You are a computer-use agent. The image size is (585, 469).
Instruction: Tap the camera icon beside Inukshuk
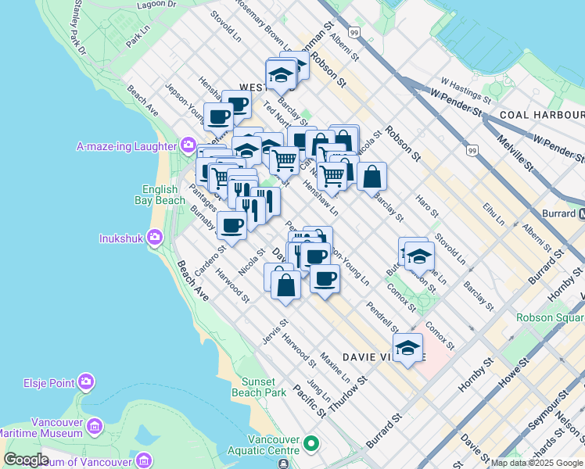point(154,237)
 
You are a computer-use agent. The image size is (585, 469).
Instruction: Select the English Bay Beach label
point(163,195)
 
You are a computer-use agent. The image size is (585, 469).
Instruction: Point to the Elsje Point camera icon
point(86,382)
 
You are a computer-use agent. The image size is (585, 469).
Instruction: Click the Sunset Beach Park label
point(258,386)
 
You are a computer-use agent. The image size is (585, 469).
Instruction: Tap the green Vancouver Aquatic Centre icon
point(311,445)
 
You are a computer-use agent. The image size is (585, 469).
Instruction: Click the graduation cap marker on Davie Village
point(407,349)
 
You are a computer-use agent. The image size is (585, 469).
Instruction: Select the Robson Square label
point(550,318)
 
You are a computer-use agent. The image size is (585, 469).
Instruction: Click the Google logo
point(26,460)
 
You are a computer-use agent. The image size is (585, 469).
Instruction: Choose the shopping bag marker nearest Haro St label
point(371,177)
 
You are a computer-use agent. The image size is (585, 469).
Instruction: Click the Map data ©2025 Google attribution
point(537,463)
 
